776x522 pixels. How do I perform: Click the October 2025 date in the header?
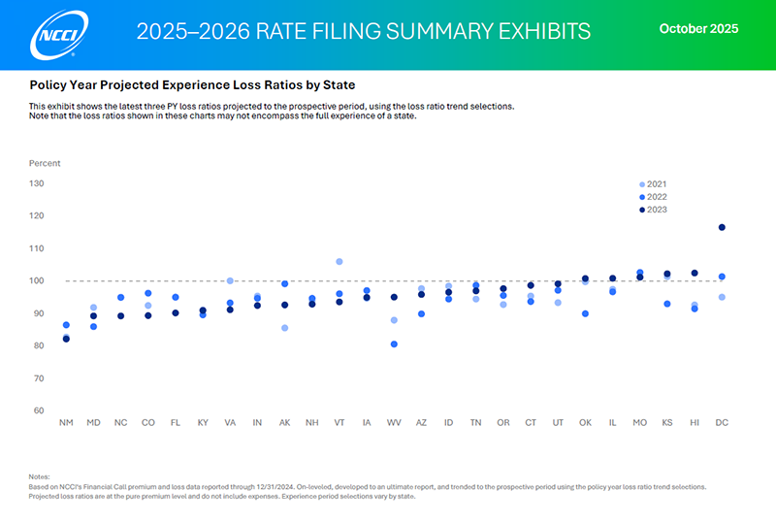[698, 29]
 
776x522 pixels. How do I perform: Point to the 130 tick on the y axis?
[37, 183]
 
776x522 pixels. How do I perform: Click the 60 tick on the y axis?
[39, 410]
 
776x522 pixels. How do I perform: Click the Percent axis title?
[45, 163]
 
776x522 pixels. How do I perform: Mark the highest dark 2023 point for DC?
[722, 227]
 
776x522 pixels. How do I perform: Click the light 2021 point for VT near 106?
[339, 262]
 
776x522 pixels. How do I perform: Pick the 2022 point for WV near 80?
[394, 344]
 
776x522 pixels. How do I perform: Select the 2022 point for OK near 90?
[585, 313]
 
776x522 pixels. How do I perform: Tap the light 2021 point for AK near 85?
[284, 328]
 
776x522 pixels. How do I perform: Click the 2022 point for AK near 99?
[284, 284]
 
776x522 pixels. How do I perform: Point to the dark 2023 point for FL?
[176, 312]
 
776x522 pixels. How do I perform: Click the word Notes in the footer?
[39, 475]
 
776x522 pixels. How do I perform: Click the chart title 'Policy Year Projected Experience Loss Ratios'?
[192, 85]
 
